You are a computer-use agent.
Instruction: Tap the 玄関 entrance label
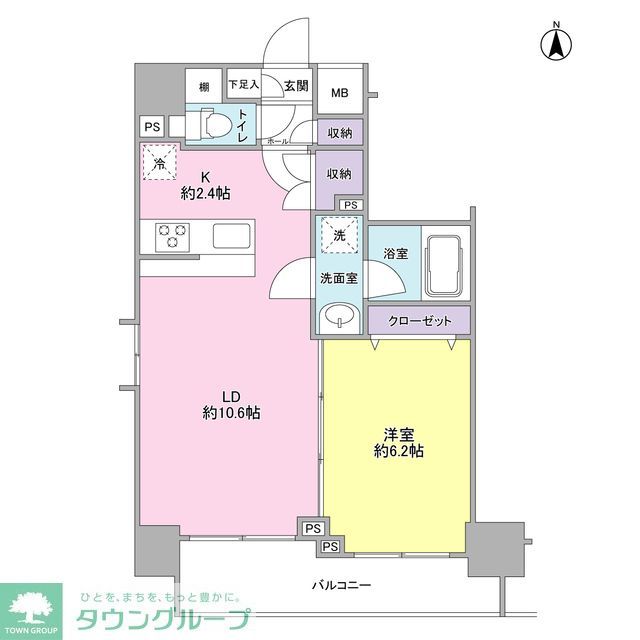click(296, 87)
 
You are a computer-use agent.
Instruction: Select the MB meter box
click(341, 93)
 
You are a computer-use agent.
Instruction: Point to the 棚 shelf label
click(204, 87)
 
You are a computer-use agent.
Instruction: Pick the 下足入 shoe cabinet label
click(243, 85)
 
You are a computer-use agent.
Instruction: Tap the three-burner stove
click(173, 237)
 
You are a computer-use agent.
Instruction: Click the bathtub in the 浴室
click(444, 265)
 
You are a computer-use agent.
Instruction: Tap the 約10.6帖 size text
click(232, 412)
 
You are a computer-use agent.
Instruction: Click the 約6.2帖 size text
click(397, 451)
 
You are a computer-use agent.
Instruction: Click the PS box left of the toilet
click(152, 127)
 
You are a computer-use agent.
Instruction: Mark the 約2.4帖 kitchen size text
click(204, 193)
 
